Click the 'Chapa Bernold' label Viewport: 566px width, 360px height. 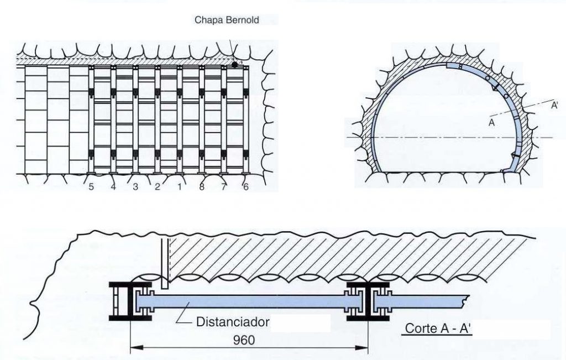pos(227,20)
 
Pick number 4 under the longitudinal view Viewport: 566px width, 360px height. pos(113,187)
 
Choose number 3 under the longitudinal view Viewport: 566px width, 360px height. pos(135,187)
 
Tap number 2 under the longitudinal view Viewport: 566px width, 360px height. pos(157,187)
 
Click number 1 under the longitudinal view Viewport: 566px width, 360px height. pos(179,187)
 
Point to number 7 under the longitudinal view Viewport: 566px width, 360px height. pos(223,187)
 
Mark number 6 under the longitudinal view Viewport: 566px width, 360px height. pos(245,187)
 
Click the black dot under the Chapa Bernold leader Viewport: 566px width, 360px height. pos(234,65)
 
